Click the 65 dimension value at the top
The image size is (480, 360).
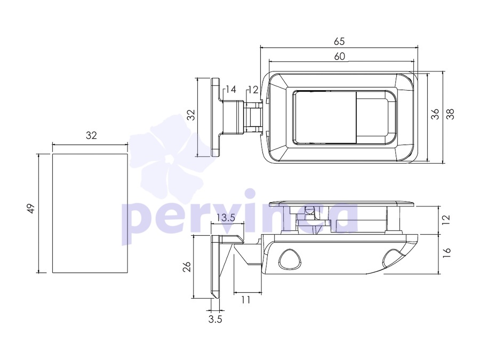coord(339,41)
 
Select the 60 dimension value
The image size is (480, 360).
coord(339,57)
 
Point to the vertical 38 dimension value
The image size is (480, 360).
coord(451,114)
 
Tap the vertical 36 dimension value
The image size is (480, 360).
coord(435,114)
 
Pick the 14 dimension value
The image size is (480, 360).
coord(231,90)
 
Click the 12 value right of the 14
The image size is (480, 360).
coord(253,90)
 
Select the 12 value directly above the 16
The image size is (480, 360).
coord(447,220)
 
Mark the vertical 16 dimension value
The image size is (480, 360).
coord(447,252)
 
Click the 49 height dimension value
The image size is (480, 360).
coord(31,209)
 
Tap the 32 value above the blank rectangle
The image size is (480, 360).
coord(91,135)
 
